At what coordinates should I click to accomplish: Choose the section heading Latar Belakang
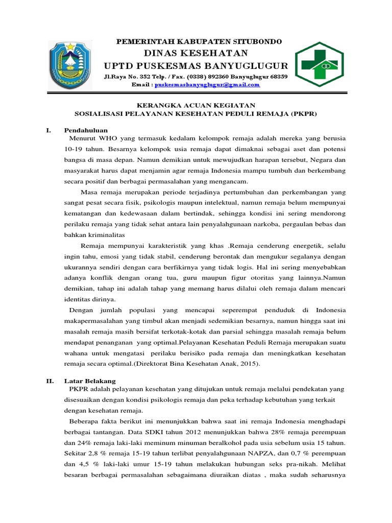point(90,381)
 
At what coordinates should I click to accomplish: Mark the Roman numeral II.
point(50,381)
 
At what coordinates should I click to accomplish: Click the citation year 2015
point(249,364)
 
